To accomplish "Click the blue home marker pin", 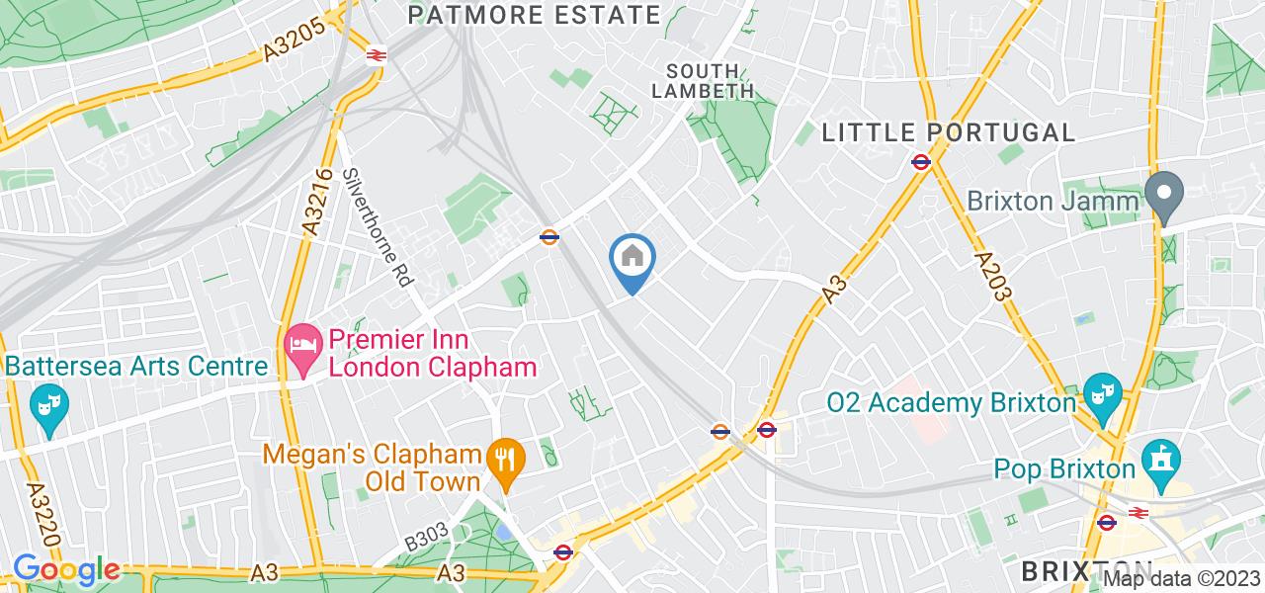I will click(632, 260).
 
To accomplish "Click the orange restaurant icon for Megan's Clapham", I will click(505, 459).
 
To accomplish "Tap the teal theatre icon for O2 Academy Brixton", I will click(1097, 392).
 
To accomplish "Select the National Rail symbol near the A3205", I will click(376, 54).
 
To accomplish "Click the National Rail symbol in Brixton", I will click(1138, 513).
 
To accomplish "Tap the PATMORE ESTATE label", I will click(534, 15).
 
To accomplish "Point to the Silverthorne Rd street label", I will click(378, 226).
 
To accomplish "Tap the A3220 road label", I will click(36, 512).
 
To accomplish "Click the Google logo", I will click(66, 570).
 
